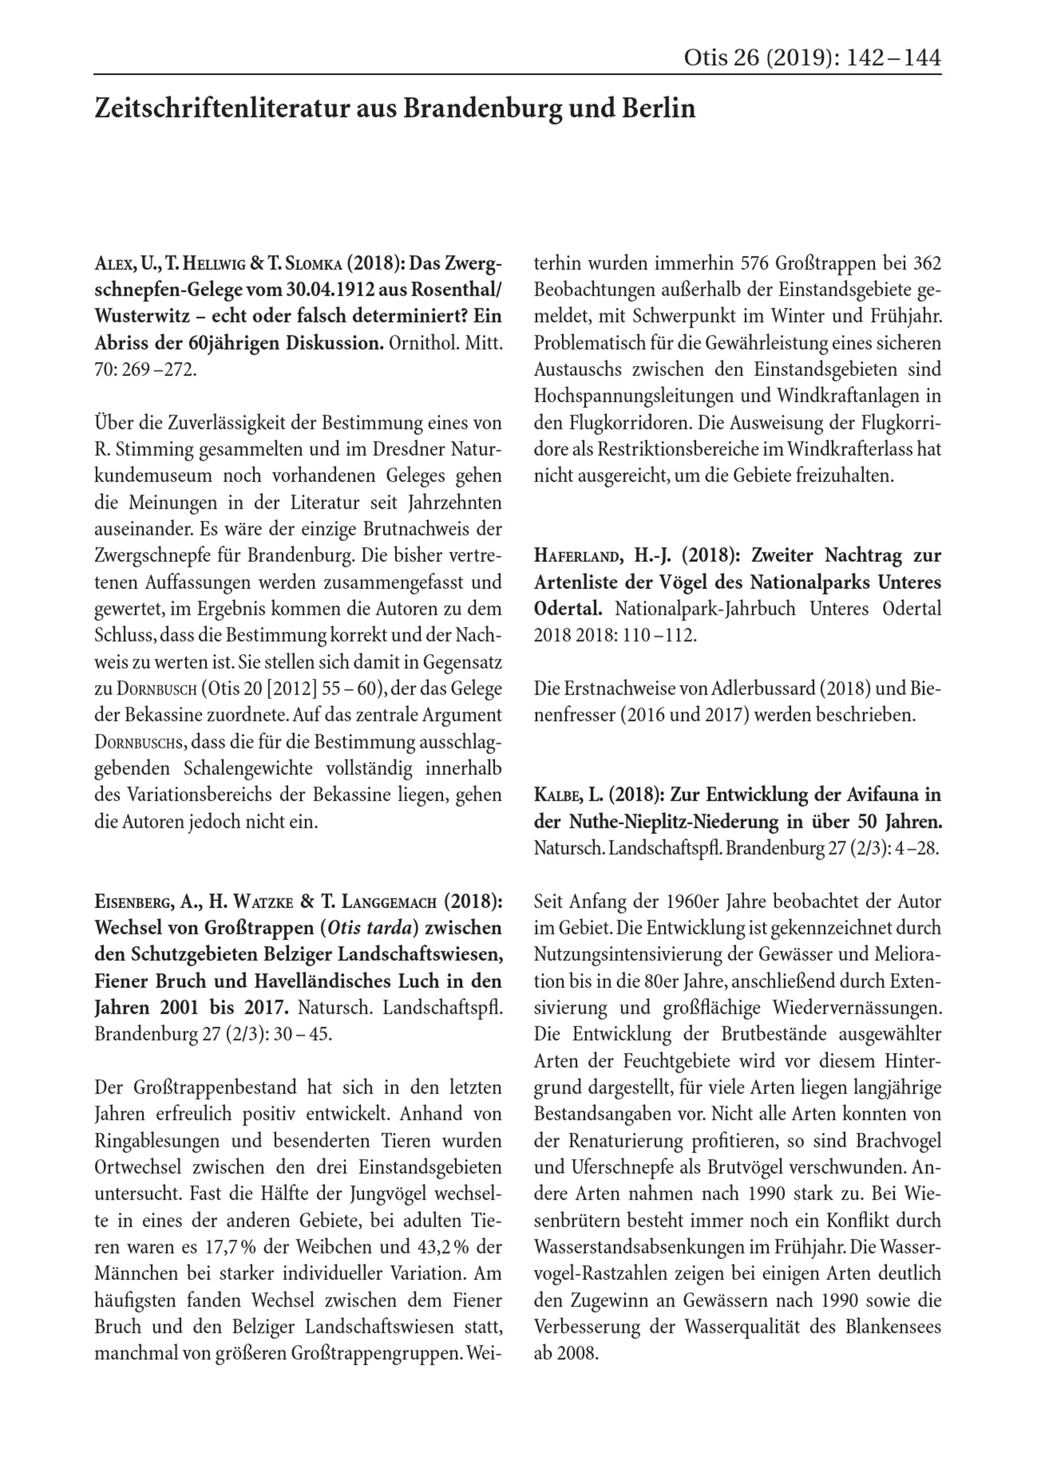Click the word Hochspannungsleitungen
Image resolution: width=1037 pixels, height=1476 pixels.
click(x=650, y=396)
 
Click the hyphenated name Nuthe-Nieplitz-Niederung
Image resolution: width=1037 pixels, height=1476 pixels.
click(x=675, y=822)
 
